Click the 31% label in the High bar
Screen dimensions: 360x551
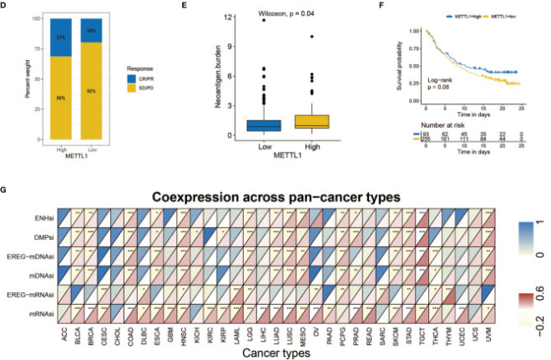[61, 38]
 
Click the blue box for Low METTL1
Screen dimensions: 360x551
[263, 125]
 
